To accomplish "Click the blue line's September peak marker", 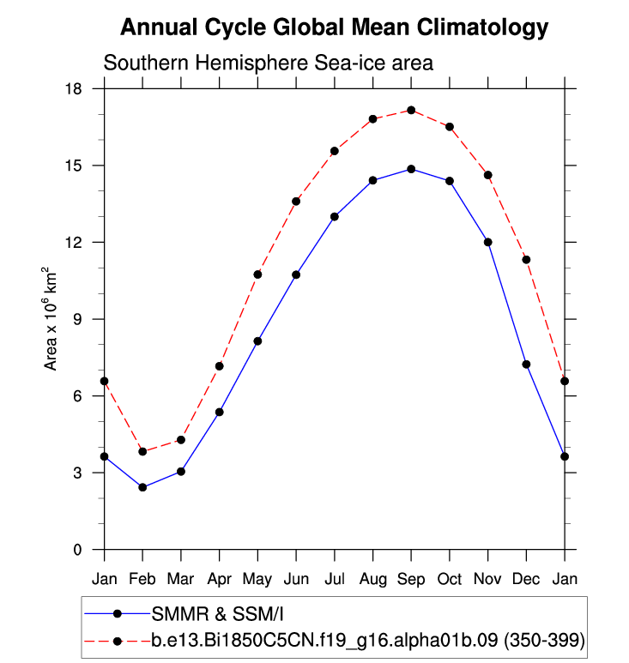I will [411, 169].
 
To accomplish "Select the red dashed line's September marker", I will [411, 110].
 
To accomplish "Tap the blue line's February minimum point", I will [142, 487].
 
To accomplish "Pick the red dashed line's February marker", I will [142, 451].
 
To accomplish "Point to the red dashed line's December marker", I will [526, 259].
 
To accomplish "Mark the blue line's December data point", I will [526, 365].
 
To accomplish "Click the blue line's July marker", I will [335, 216].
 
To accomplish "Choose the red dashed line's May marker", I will [257, 274].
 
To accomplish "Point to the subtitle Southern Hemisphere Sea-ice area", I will [268, 63].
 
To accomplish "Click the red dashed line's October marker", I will [450, 127].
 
